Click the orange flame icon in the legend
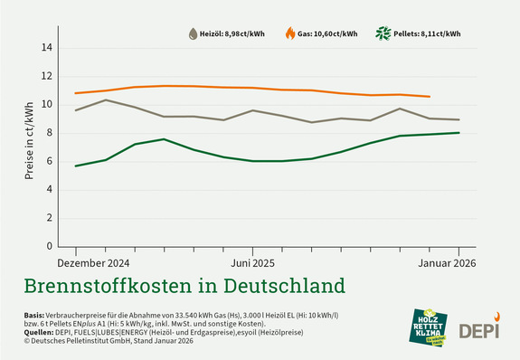[x=289, y=33]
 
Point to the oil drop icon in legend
[x=193, y=33]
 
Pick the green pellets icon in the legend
[x=384, y=33]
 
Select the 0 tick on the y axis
[x=49, y=246]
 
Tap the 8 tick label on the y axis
[x=49, y=133]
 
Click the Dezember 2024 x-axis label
[x=94, y=262]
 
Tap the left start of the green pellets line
[x=75, y=166]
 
